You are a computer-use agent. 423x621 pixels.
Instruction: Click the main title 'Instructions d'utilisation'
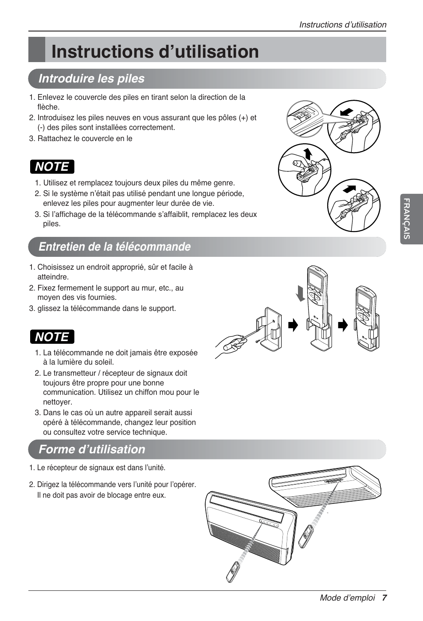click(155, 51)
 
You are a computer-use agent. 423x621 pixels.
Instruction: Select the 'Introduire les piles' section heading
click(91, 79)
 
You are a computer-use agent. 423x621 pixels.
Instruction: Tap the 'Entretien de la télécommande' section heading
click(114, 247)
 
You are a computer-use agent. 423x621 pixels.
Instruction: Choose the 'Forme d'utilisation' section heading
click(92, 449)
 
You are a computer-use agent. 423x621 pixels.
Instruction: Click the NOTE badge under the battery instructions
click(52, 167)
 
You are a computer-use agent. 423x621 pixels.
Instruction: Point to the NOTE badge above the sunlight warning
click(52, 337)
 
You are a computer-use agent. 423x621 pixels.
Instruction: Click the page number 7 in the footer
click(384, 597)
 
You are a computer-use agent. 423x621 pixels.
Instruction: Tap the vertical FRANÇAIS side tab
click(407, 219)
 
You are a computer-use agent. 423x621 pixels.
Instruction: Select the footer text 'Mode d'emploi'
click(347, 597)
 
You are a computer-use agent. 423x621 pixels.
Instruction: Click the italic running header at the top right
click(342, 25)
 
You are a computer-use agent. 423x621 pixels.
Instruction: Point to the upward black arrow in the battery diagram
click(307, 154)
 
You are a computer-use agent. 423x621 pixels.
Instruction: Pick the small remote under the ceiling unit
click(305, 536)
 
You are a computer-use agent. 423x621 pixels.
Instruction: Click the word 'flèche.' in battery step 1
click(48, 107)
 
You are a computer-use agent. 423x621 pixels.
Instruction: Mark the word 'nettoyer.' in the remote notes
click(57, 402)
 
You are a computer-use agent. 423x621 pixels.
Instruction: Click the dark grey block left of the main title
click(37, 50)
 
